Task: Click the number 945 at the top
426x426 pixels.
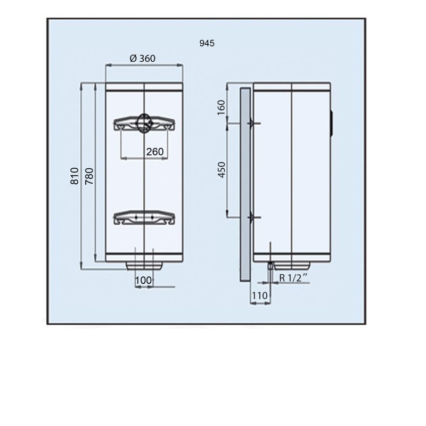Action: [207, 43]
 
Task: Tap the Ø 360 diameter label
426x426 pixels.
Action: [143, 59]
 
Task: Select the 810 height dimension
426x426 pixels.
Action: [75, 176]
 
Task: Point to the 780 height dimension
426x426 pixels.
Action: [89, 176]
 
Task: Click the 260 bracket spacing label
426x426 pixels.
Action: [155, 152]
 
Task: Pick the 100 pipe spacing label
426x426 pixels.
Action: [143, 281]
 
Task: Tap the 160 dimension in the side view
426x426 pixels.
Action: [222, 108]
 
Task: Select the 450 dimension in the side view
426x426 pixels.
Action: [222, 170]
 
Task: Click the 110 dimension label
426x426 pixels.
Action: [260, 296]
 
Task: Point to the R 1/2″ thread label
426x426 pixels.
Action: [294, 277]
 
